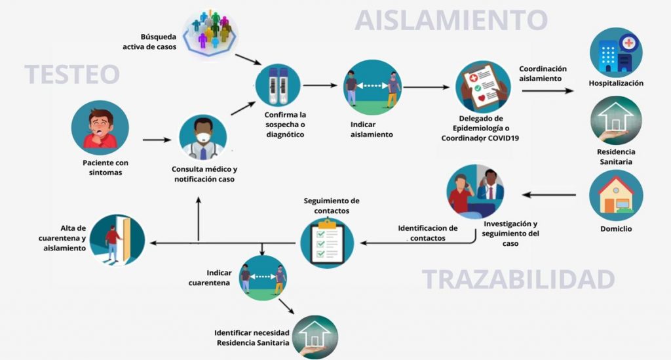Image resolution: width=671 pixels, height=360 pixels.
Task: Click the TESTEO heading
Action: point(72,74)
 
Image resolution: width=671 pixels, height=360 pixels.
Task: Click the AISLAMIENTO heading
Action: point(451,20)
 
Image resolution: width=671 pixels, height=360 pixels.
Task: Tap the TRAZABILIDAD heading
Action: point(518,279)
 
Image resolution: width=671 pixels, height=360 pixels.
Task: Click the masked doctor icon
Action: point(202,138)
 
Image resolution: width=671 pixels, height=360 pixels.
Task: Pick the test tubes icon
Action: point(278,86)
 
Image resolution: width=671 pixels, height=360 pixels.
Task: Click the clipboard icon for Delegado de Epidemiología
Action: point(483,88)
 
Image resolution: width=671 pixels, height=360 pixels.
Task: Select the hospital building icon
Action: point(615,52)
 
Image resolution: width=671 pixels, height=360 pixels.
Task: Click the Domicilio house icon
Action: point(616,195)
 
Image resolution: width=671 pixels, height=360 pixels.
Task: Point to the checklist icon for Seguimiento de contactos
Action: point(327,241)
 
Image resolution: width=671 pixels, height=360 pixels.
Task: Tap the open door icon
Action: point(117,239)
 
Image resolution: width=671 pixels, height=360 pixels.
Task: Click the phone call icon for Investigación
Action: point(475,191)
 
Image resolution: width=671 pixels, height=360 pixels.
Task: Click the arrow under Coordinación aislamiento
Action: point(547,91)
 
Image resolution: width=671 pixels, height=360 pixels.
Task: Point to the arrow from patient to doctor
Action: point(157,140)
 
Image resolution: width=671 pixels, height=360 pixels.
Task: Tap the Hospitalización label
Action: point(616,83)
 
